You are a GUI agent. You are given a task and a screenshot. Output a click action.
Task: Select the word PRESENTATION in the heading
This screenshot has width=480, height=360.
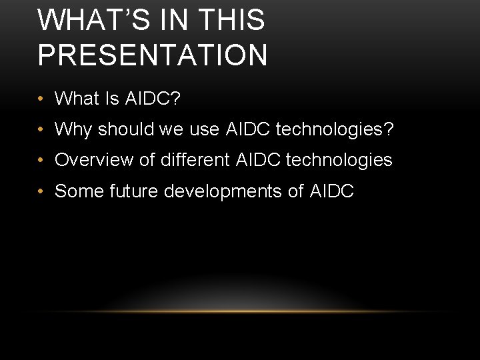(x=153, y=55)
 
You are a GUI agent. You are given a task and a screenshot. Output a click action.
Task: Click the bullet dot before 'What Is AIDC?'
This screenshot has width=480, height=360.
(x=41, y=99)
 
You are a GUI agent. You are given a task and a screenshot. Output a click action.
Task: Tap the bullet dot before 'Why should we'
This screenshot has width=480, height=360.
(x=41, y=130)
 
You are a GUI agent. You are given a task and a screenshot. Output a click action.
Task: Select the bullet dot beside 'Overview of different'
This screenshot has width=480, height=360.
(x=41, y=161)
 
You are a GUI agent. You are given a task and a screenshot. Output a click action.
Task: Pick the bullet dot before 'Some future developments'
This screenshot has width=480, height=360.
(x=41, y=192)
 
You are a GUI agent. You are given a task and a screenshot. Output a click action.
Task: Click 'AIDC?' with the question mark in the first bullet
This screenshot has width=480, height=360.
(x=153, y=99)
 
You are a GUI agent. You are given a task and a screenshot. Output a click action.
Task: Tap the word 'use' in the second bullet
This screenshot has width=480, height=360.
(x=204, y=129)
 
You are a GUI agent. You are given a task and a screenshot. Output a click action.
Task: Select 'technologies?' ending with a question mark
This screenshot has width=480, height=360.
(x=335, y=129)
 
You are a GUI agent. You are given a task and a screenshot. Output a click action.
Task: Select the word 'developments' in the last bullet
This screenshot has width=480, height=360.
(x=224, y=192)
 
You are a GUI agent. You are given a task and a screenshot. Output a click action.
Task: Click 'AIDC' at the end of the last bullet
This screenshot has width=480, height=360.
(x=332, y=191)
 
